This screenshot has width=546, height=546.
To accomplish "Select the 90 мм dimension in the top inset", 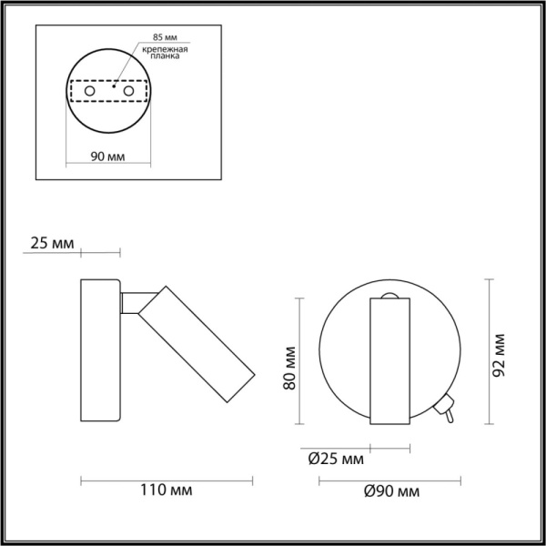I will pyautogui.click(x=109, y=157).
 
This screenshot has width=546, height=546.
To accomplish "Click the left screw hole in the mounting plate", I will pyautogui.click(x=90, y=93).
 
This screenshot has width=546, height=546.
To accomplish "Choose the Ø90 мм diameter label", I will pyautogui.click(x=392, y=492).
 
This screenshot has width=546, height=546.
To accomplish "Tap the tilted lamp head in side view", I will pyautogui.click(x=196, y=344).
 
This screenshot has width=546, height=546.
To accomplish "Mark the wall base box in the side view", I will pyautogui.click(x=99, y=350).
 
